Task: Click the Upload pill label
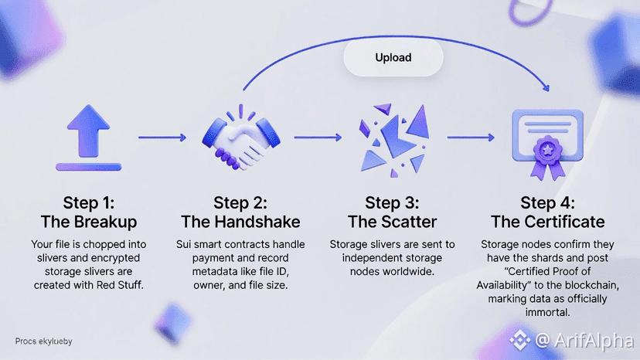tap(393, 57)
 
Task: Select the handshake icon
tap(240, 140)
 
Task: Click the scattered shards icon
tap(394, 139)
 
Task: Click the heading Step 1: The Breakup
tap(86, 212)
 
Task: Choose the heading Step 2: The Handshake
tap(240, 212)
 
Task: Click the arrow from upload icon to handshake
tap(162, 138)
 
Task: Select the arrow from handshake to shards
tap(318, 138)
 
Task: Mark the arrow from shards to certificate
tap(471, 138)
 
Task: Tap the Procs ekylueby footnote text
tap(43, 341)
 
